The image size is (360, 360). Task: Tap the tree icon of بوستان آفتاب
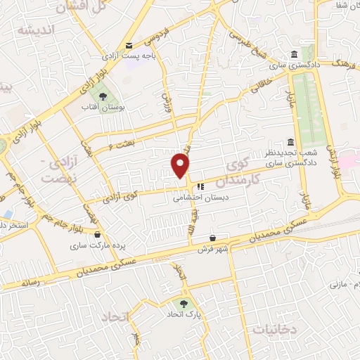103,96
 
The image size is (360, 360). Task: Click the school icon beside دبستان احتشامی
200,187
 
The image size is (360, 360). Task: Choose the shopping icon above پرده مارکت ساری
97,235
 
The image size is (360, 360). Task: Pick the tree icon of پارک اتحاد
184,304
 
